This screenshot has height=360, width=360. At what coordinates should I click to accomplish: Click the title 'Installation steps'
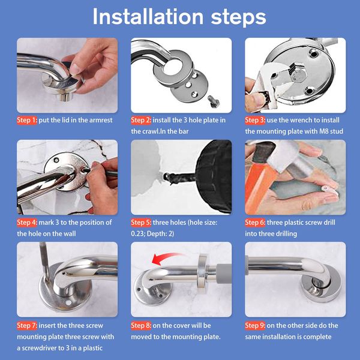(x=179, y=17)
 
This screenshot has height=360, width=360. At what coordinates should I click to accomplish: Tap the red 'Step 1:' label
(x=27, y=120)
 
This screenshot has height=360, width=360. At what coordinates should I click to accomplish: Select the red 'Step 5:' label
(x=141, y=223)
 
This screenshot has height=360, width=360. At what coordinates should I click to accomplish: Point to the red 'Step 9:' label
(x=255, y=326)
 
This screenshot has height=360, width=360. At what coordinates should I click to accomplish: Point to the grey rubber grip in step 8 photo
(x=223, y=274)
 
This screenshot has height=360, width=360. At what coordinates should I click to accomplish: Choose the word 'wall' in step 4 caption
(x=69, y=234)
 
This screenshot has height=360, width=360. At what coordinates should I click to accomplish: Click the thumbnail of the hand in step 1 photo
(x=75, y=68)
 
